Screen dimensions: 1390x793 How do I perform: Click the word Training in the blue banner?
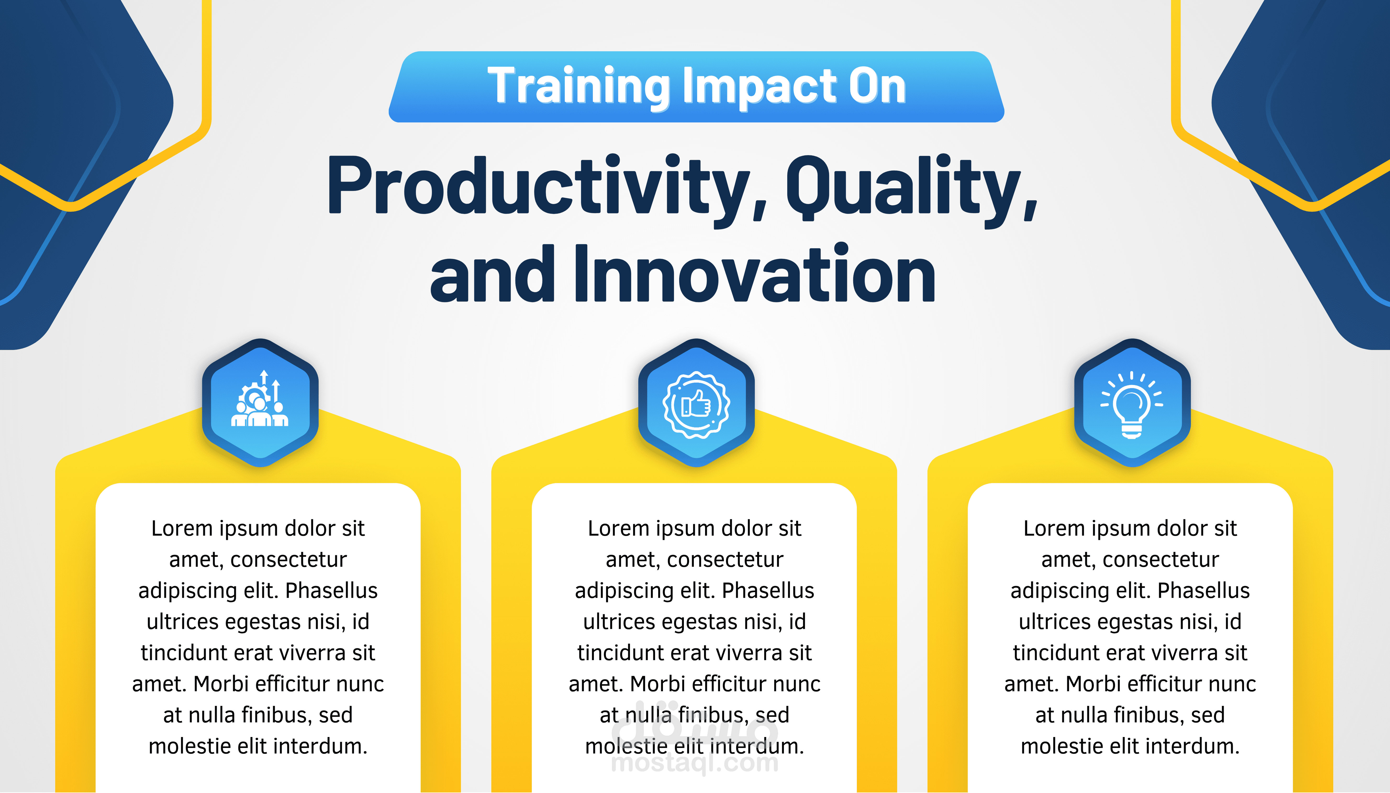click(579, 86)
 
